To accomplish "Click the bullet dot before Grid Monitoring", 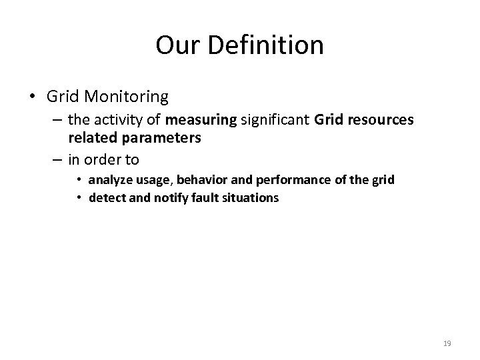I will pyautogui.click(x=33, y=97).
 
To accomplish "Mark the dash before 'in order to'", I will pyautogui.click(x=57, y=160).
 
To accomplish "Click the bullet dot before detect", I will pyautogui.click(x=80, y=197).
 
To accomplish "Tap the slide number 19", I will pyautogui.click(x=447, y=343).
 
